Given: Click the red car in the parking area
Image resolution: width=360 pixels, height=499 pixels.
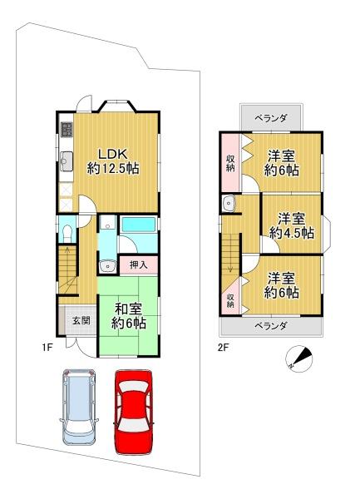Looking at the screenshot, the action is (x=134, y=412).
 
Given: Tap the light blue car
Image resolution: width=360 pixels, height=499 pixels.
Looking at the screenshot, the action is (x=79, y=407).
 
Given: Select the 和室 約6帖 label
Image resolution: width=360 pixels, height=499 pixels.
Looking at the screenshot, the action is (x=129, y=316).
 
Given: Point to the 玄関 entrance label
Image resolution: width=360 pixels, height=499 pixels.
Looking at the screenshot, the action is (x=81, y=320).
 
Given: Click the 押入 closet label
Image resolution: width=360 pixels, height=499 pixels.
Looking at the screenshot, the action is (x=139, y=264).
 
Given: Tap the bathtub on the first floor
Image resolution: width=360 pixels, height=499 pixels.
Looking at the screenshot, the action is (x=139, y=225).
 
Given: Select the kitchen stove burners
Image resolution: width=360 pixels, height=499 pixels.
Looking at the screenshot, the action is (x=67, y=130).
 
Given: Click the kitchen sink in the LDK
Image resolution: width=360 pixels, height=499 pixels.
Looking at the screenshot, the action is (x=67, y=162).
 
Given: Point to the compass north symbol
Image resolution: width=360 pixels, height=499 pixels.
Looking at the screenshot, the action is (x=298, y=358).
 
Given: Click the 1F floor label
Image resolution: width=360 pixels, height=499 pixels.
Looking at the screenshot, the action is (x=47, y=348).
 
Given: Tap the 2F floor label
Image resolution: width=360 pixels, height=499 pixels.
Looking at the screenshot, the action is (x=224, y=348).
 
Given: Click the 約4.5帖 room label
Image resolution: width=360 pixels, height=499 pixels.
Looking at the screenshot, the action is (x=292, y=233).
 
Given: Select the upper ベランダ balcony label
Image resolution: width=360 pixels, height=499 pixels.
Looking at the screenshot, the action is (x=271, y=118).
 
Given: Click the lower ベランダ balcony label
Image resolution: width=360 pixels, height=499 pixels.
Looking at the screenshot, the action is (x=271, y=326).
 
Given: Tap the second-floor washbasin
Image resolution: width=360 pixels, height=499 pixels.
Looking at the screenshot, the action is (x=229, y=203).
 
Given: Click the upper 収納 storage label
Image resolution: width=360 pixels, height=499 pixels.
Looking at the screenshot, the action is (x=230, y=163).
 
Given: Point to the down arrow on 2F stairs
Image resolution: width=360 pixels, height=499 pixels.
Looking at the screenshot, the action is (x=231, y=266).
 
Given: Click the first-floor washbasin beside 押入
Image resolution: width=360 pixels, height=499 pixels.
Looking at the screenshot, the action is (x=107, y=266).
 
